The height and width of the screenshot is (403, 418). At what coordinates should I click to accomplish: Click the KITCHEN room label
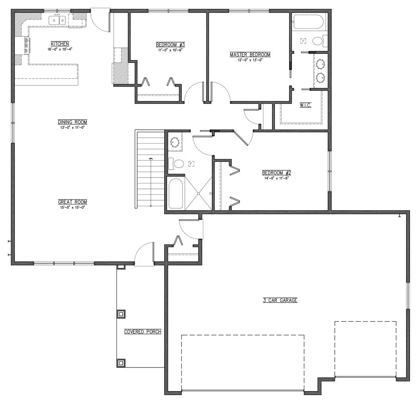(60, 44)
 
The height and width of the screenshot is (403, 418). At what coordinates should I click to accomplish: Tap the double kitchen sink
(57, 20)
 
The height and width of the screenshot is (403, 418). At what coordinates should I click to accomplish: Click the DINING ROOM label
(73, 122)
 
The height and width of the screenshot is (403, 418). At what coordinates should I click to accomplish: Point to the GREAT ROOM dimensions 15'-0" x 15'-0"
(73, 207)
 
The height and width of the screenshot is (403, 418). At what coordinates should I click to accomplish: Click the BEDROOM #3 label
(170, 44)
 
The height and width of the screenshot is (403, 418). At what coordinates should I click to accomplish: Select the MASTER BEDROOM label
(250, 54)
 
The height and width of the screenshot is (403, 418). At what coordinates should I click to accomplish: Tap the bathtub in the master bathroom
(309, 22)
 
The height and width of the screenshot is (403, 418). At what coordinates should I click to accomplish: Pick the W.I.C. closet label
(306, 105)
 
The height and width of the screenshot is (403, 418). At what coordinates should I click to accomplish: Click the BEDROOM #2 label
(277, 173)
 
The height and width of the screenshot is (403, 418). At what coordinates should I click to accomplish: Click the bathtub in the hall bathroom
(176, 193)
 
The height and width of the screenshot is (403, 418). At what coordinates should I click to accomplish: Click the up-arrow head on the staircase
(151, 159)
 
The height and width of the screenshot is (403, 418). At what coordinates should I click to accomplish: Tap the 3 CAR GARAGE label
(280, 300)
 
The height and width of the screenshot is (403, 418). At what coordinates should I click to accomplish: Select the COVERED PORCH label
(143, 332)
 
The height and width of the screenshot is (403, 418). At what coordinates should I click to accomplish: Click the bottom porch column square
(121, 363)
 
